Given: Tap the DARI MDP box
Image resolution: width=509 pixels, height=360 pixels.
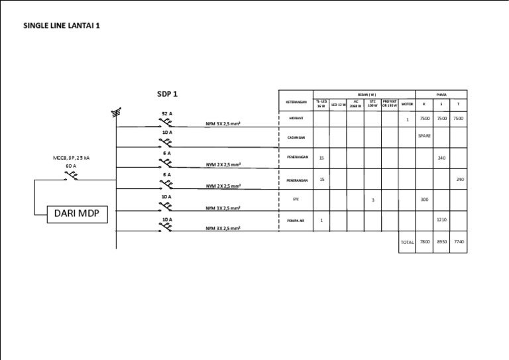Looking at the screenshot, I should coord(77,214).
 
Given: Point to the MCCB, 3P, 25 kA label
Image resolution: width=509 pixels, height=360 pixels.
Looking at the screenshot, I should coord(71,158).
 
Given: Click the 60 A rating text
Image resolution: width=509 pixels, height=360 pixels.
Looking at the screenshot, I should coord(71,166).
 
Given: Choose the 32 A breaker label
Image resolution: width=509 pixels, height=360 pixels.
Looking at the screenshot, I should coord(166,114).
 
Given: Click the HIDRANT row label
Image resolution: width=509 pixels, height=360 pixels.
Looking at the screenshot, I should coord(296,119).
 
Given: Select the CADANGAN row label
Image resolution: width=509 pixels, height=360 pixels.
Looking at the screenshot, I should coord(296,138).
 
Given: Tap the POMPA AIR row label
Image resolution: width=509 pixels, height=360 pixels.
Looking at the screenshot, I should coord(296,221).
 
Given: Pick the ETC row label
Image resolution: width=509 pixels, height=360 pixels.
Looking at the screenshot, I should coord(296,199).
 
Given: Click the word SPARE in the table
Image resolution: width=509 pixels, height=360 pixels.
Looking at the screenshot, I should coord(424,136).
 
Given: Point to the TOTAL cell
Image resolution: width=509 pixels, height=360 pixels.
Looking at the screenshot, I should coord(407,243).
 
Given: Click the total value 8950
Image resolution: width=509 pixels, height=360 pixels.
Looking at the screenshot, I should coord(441,242).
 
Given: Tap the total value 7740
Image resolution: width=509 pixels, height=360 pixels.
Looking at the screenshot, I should coord(459,242).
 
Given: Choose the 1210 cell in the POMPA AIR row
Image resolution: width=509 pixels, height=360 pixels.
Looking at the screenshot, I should coord(441,219).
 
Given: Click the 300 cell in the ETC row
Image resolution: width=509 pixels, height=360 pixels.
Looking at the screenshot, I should coord(424,199).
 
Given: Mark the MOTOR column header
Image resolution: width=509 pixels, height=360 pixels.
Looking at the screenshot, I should coord(407,103).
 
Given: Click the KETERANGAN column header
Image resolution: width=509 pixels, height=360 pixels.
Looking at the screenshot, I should coord(296,102).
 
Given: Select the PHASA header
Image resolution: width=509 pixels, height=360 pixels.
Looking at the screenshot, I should coord(441,94).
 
